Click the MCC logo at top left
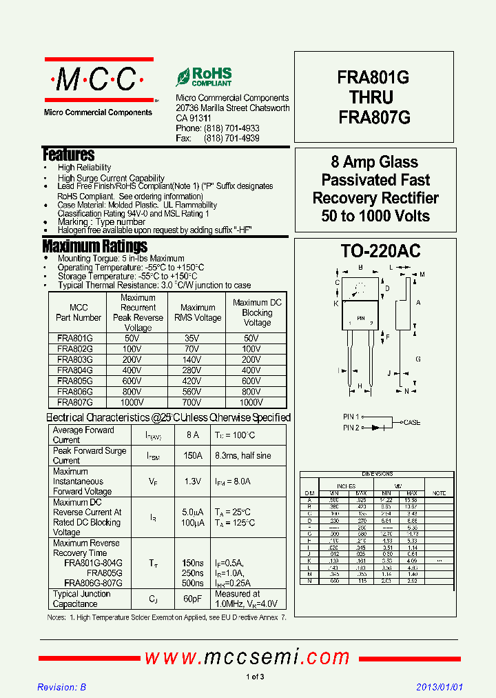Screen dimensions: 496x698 pos(97,81)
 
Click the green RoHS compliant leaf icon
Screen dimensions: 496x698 pos(183,77)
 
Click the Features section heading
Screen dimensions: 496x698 pos(68,154)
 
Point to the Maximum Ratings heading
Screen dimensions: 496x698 pos(94,246)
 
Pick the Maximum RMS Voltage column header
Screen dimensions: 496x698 pos(198,313)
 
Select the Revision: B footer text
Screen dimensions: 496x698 pos(61,688)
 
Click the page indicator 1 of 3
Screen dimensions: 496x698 pos(255,677)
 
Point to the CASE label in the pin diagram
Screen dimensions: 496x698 pos(412,422)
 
